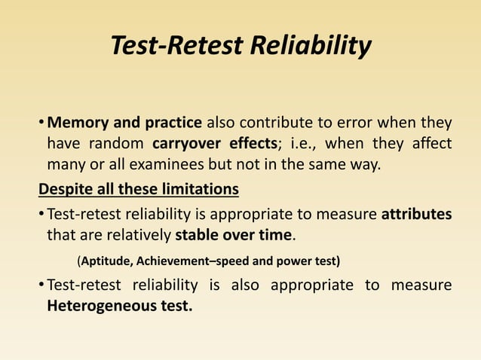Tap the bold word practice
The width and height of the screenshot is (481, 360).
(x=173, y=123)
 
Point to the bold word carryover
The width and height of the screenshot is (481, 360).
(x=188, y=143)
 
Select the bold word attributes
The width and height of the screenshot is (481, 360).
(x=416, y=214)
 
